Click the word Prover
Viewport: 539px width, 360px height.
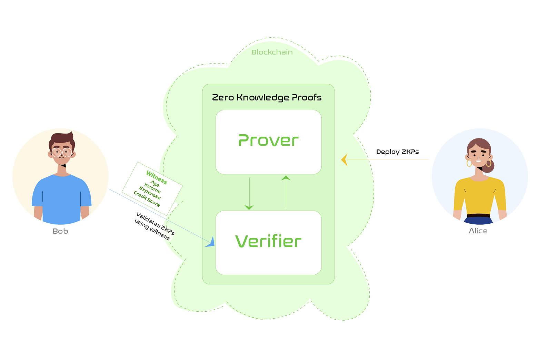(x=268, y=141)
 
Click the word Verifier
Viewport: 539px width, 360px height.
(x=268, y=241)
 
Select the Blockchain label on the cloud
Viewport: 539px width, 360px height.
(x=272, y=52)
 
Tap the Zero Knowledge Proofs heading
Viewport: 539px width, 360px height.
(x=267, y=98)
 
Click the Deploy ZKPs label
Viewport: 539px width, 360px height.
(x=397, y=152)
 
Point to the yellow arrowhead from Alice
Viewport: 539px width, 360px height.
(x=344, y=160)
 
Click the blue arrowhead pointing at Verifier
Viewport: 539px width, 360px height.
(x=210, y=242)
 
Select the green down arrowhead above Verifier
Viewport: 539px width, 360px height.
(x=249, y=207)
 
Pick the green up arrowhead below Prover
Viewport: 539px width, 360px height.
(x=286, y=178)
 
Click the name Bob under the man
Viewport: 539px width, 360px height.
(x=60, y=231)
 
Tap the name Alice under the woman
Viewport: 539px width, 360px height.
(x=478, y=231)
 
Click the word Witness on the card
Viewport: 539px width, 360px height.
(x=157, y=177)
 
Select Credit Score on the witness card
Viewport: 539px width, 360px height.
(x=147, y=199)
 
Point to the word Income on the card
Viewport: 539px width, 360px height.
(x=152, y=188)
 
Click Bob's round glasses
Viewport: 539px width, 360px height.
(x=62, y=152)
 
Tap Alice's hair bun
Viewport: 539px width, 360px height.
(x=488, y=166)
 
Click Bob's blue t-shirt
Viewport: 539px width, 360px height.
(x=61, y=200)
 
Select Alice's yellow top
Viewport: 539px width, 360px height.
(x=479, y=197)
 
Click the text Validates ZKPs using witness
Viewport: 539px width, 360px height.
(x=154, y=226)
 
